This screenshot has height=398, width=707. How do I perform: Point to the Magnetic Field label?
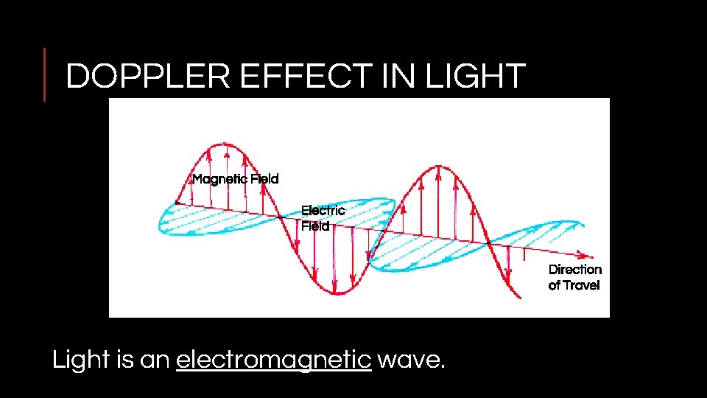pyautogui.click(x=236, y=179)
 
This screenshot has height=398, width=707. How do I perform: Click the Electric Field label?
pyautogui.click(x=323, y=218)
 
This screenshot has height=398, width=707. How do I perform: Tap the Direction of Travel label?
pyautogui.click(x=574, y=277)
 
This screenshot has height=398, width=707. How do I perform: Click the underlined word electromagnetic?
pyautogui.click(x=273, y=360)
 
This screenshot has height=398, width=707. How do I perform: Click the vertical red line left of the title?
pyautogui.click(x=44, y=74)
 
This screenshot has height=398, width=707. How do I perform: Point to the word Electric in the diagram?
pyautogui.click(x=323, y=211)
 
